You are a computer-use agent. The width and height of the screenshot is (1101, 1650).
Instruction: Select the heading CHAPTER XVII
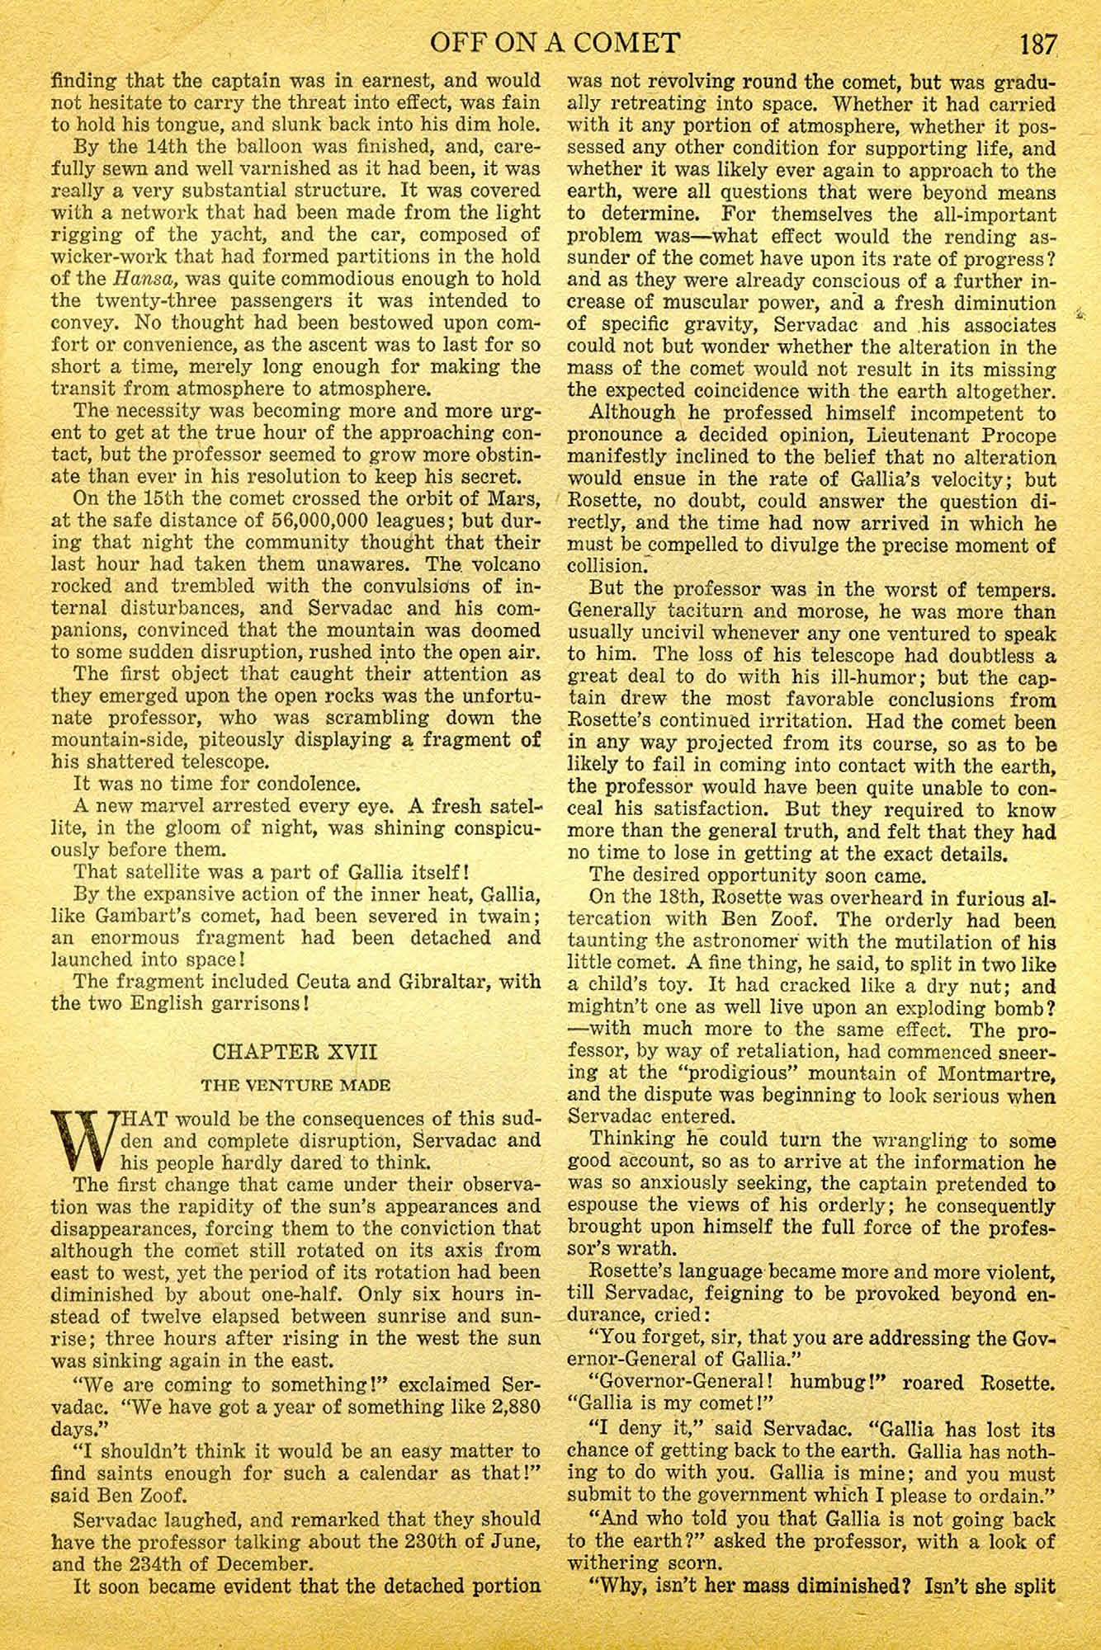coord(295,1053)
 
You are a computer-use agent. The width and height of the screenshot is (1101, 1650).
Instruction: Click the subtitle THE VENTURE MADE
coord(295,1086)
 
